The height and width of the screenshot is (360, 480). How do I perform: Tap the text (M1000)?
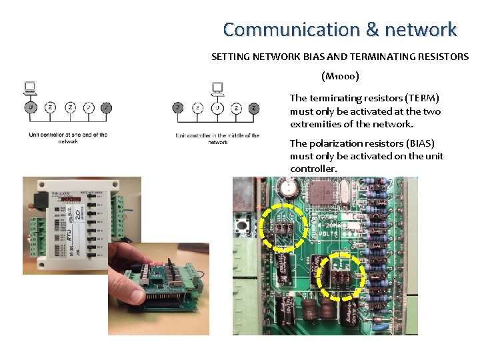pos(340,76)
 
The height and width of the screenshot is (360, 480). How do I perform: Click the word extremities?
pos(318,124)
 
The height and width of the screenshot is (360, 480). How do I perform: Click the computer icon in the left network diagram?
pos(29,88)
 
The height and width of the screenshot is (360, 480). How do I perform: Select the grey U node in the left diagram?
pos(30,107)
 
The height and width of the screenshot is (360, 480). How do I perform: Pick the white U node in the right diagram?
pos(216,107)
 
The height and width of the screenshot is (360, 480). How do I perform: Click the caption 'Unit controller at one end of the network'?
pos(68,138)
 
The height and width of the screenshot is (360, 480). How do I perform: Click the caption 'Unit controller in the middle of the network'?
pos(217,139)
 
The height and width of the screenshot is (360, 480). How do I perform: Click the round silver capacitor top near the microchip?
pos(289,189)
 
